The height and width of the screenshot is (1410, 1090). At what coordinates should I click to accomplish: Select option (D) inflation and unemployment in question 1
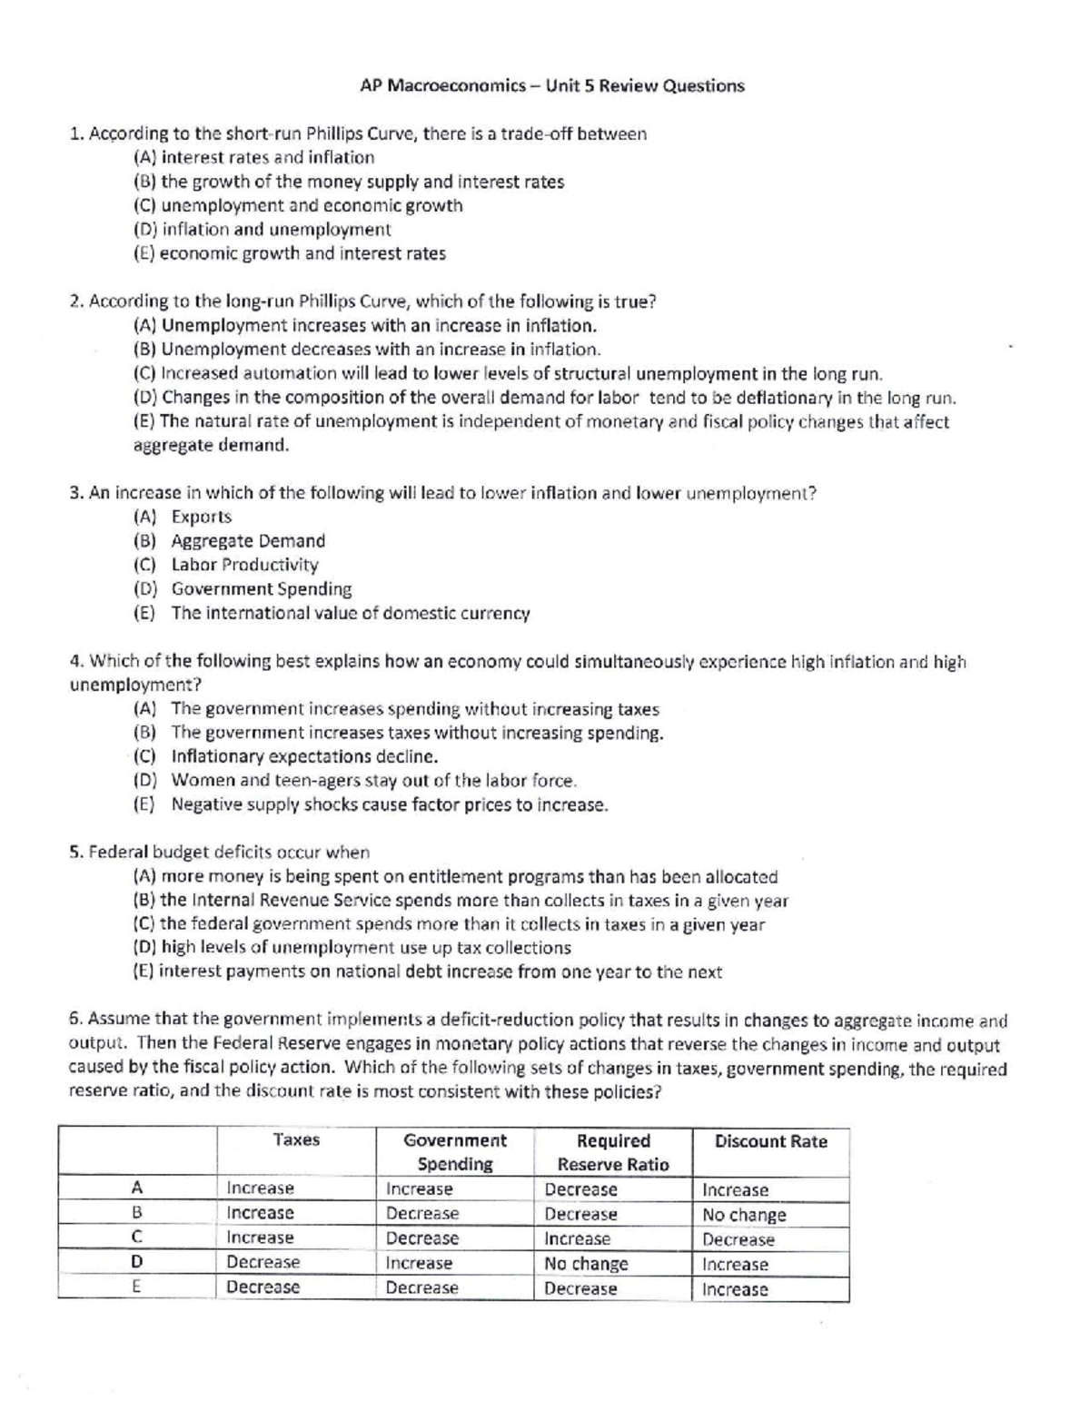point(262,230)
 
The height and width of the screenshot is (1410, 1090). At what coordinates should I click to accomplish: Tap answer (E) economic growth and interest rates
point(289,253)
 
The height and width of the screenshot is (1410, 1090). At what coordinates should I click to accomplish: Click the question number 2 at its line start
point(76,301)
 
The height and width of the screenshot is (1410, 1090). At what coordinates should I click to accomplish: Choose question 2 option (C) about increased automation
point(508,373)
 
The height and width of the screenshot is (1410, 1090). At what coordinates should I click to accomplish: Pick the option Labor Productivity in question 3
point(244,565)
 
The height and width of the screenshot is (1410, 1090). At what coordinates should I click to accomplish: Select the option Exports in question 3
point(201,517)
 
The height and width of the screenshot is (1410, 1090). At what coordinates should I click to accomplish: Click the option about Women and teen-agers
point(373,780)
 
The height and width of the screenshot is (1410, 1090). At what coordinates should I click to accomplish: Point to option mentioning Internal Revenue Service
point(461,901)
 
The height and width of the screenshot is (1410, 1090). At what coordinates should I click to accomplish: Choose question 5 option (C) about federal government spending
point(449,924)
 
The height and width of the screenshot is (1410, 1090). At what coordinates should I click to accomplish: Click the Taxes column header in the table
point(296,1140)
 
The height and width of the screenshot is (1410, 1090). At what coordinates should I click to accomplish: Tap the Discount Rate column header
point(770,1141)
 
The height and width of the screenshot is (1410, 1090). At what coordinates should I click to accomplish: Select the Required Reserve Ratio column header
point(613,1152)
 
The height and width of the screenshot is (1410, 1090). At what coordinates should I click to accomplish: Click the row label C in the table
point(136,1237)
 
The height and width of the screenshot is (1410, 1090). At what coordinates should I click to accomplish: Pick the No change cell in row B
point(744,1215)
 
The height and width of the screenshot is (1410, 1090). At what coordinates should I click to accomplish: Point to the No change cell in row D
point(586,1263)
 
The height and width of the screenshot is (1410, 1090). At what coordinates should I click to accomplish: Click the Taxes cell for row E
point(263,1287)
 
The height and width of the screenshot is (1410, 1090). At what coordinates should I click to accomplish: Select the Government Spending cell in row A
point(419,1188)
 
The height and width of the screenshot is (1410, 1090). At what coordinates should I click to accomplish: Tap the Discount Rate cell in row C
point(738,1239)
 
